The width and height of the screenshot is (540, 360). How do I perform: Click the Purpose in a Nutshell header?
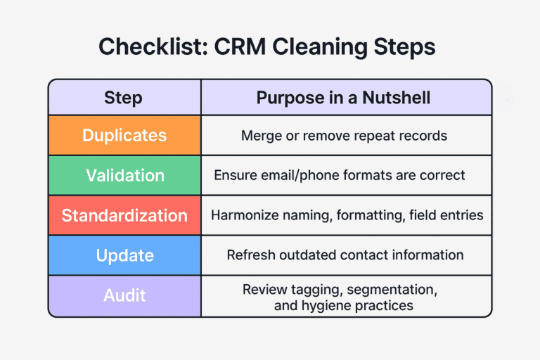point(344,97)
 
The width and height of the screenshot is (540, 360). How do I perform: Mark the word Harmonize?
point(242,215)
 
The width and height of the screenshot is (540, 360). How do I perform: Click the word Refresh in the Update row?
point(250,255)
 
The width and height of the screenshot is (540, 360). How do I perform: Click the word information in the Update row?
point(429,255)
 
